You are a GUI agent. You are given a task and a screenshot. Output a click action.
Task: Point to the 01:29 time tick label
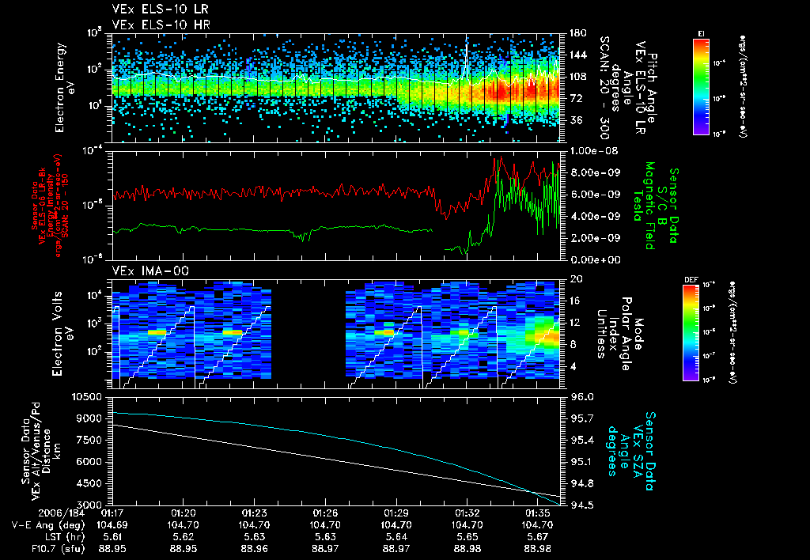click(396, 513)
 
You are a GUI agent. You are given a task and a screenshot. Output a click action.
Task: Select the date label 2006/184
click(30, 513)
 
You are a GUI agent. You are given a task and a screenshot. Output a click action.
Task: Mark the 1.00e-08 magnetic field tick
click(582, 150)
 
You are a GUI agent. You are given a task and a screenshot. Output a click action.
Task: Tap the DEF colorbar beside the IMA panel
click(691, 332)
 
